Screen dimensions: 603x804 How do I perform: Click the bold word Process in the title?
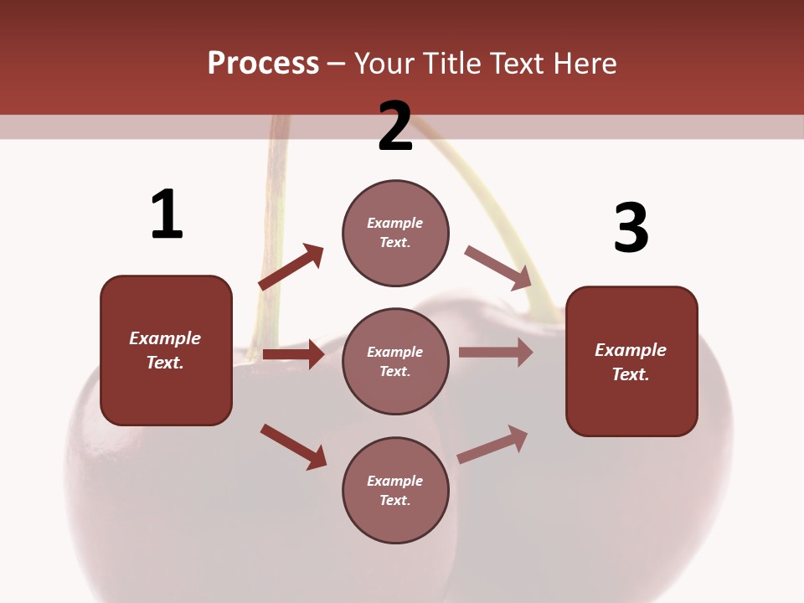click(263, 63)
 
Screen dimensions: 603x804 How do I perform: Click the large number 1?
click(167, 215)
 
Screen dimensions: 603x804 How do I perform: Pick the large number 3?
click(631, 228)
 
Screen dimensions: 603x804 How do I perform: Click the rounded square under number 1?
click(166, 350)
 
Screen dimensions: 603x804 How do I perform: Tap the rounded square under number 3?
click(631, 361)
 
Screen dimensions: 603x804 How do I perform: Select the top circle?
click(395, 232)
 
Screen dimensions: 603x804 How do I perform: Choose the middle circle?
click(395, 361)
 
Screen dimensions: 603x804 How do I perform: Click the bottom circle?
click(395, 490)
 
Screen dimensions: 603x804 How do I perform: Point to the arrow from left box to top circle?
click(291, 267)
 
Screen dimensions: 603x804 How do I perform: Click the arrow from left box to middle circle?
click(293, 354)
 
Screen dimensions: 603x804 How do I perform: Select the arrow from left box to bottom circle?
click(293, 446)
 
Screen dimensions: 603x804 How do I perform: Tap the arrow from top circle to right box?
click(497, 267)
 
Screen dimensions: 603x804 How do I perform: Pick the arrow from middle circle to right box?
click(496, 353)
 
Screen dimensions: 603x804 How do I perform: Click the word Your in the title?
click(384, 63)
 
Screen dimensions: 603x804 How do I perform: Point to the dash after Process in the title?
click(337, 64)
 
